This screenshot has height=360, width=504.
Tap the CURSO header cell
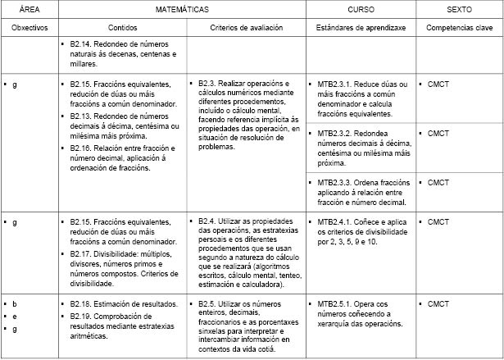[x=360, y=10]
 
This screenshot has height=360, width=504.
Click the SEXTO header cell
[x=458, y=10]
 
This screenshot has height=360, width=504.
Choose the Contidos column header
[x=121, y=27]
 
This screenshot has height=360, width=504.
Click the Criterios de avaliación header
[x=246, y=27]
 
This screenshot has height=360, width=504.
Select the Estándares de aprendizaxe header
[x=360, y=27]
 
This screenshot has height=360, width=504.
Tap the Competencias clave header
[x=458, y=27]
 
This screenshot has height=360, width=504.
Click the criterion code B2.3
[x=209, y=84]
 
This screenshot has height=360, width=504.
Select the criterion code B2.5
[x=209, y=304]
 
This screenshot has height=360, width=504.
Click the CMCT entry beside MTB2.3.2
[x=438, y=132]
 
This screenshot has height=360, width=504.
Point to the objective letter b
[x=14, y=304]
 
